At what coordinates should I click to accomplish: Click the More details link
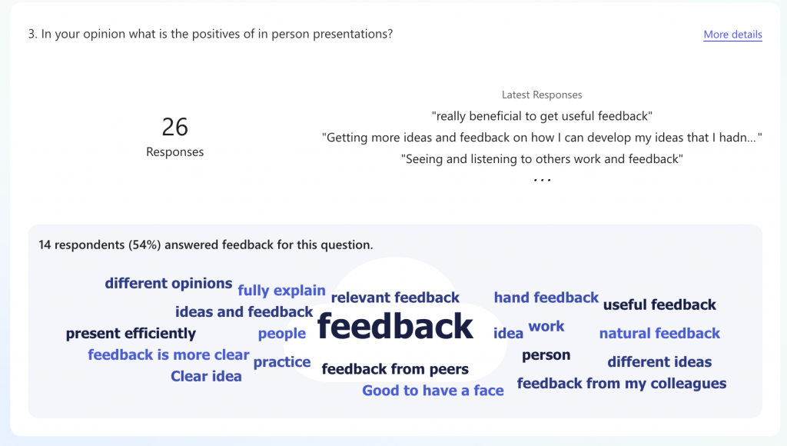click(x=732, y=34)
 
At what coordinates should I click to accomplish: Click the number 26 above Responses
click(x=174, y=127)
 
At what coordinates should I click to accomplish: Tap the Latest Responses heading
click(x=542, y=95)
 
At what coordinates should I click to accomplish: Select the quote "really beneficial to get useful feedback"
click(x=542, y=116)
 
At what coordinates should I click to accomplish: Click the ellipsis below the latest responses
click(x=542, y=180)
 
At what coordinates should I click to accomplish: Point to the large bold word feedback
click(x=395, y=326)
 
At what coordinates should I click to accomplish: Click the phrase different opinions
click(x=168, y=283)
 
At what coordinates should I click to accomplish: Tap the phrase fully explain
click(x=281, y=291)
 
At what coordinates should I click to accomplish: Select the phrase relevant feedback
click(x=395, y=298)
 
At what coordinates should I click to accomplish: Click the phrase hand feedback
click(x=546, y=298)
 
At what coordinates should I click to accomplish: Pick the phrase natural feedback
click(x=659, y=333)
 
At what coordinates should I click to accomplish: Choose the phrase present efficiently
click(x=131, y=334)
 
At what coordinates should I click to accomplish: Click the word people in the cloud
click(x=281, y=334)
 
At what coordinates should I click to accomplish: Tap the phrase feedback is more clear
click(x=168, y=354)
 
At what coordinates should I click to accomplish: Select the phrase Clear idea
click(x=206, y=376)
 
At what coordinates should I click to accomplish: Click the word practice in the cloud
click(x=281, y=362)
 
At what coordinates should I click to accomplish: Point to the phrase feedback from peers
click(x=395, y=369)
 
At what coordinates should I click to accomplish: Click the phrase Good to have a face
click(x=433, y=391)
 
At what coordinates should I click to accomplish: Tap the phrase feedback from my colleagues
click(x=621, y=384)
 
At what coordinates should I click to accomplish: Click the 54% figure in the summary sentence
click(x=144, y=245)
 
